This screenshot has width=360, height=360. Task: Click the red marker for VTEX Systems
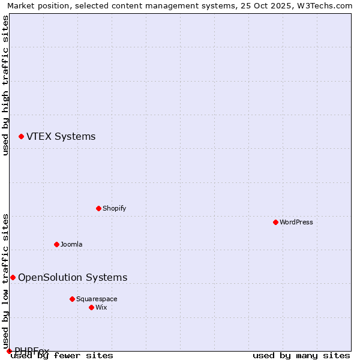[21, 137]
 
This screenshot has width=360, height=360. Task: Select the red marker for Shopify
[98, 208]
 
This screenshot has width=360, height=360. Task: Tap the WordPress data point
[275, 222]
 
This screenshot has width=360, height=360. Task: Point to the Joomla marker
[56, 244]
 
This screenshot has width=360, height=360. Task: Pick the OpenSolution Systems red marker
[13, 277]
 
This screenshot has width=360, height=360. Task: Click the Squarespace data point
[72, 299]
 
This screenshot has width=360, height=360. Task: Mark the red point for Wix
[91, 307]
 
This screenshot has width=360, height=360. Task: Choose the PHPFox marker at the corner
[9, 351]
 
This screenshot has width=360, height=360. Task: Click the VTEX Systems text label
[61, 137]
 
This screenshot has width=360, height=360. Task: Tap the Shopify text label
[114, 208]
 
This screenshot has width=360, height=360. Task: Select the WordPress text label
[296, 222]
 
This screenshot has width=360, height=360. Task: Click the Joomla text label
[71, 244]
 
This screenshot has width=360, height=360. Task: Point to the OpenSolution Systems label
[73, 277]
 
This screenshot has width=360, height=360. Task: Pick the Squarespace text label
[97, 299]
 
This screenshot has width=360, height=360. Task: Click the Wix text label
[101, 307]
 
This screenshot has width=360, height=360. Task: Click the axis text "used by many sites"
[301, 356]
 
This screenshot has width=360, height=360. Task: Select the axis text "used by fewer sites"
[62, 356]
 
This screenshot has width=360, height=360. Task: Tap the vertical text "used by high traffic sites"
[6, 86]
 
